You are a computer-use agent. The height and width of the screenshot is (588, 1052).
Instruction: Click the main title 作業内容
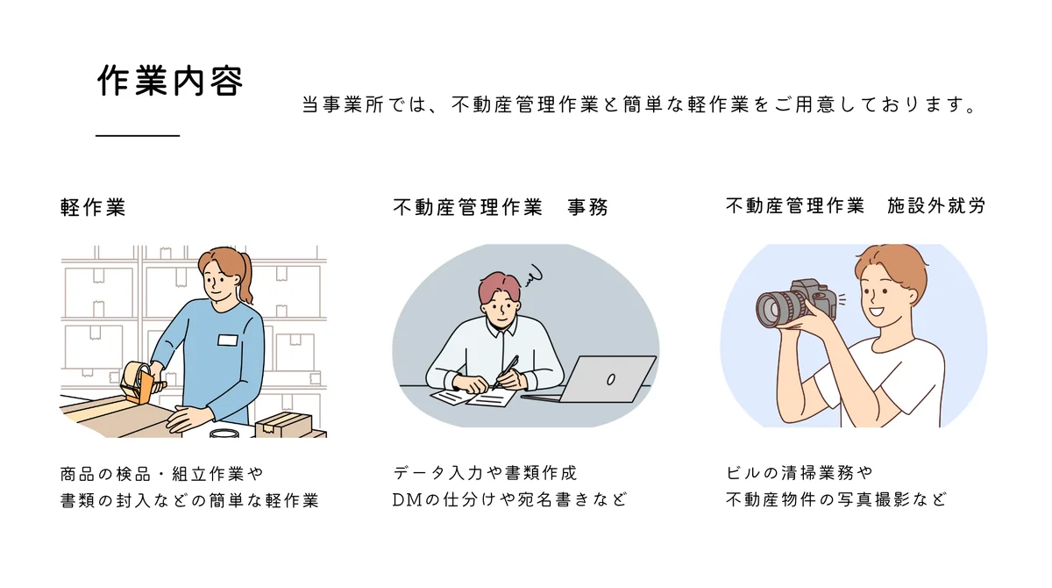tap(169, 82)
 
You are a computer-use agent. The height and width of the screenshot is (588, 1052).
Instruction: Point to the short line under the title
tap(137, 136)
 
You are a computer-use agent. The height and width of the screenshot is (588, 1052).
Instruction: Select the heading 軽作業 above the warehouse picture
tap(93, 207)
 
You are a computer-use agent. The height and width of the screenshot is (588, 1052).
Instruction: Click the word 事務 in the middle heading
tap(587, 207)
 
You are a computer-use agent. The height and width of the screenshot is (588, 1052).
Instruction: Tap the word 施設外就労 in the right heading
tap(936, 206)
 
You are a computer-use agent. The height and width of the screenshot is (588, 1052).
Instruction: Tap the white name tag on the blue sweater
tap(228, 340)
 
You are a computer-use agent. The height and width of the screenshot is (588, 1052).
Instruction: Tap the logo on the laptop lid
tap(611, 378)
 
